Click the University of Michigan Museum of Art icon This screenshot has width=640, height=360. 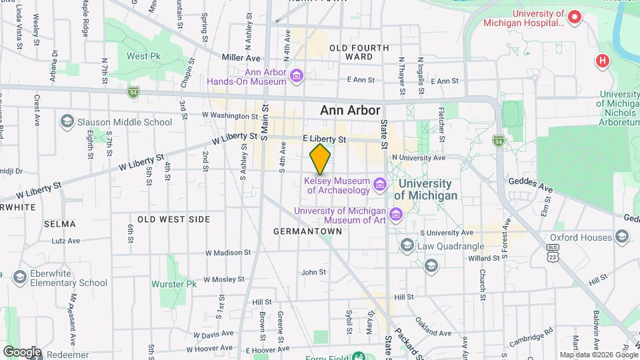[396, 215]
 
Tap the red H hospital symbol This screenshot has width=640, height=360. [603, 61]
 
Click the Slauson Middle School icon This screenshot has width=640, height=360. [67, 121]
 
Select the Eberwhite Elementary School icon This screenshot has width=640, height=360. [19, 277]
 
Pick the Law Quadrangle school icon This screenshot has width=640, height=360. [407, 246]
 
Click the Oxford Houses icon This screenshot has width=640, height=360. [622, 237]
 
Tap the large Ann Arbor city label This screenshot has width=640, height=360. [350, 111]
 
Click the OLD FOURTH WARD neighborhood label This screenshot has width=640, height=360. [359, 52]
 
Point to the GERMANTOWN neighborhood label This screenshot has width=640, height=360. [307, 231]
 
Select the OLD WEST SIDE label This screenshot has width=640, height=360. [174, 219]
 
